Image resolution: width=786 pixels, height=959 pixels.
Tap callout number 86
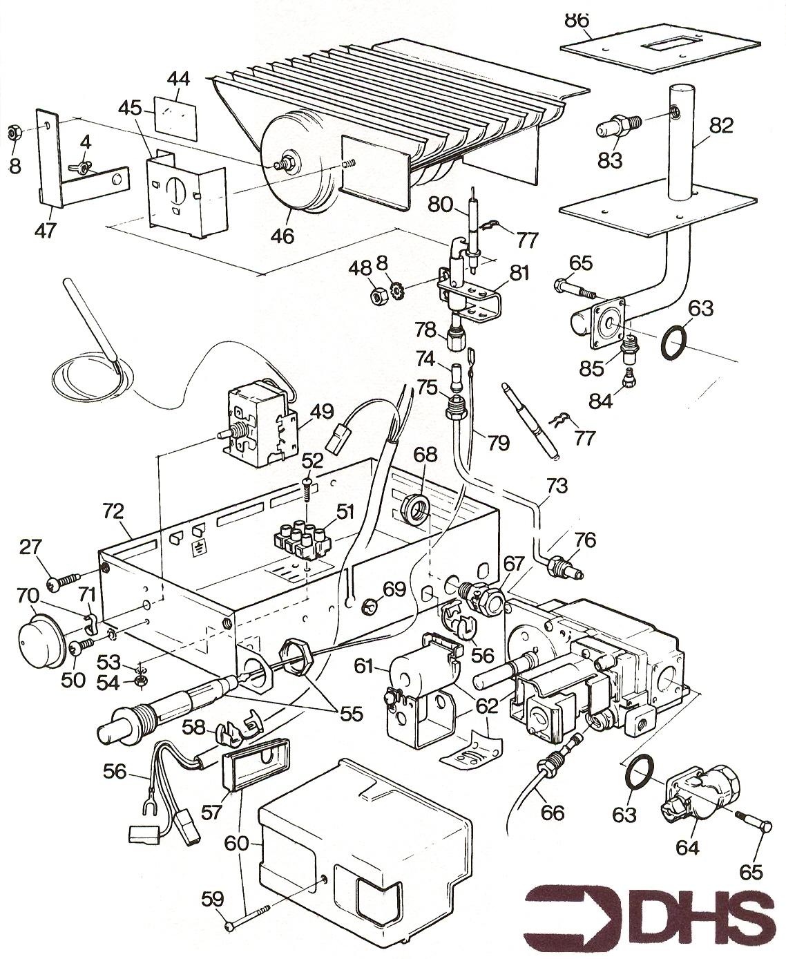pos(577,20)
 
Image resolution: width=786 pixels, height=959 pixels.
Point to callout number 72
pos(113,511)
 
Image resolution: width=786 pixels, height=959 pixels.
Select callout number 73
pos(557,486)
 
